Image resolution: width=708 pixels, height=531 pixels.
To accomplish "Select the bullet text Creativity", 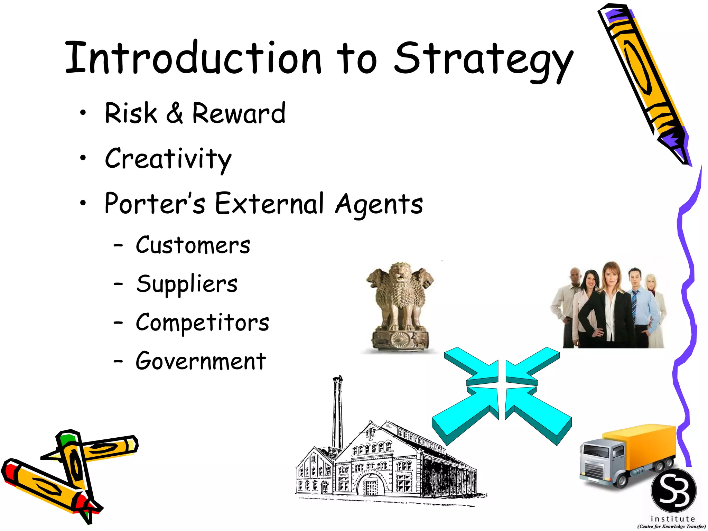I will pyautogui.click(x=168, y=159).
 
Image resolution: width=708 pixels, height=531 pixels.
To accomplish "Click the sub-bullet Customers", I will pyautogui.click(x=193, y=245).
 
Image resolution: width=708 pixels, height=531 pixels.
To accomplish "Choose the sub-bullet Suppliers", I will pyautogui.click(x=187, y=284).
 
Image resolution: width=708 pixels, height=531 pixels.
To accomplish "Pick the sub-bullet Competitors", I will pyautogui.click(x=202, y=323).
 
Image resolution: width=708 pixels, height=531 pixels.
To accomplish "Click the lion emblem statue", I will pyautogui.click(x=400, y=304).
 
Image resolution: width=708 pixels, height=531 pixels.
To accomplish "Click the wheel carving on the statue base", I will pyautogui.click(x=400, y=339).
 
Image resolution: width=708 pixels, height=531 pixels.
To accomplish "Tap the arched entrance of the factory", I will pyautogui.click(x=372, y=484).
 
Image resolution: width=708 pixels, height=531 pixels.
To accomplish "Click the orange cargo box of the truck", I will pyautogui.click(x=643, y=446).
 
